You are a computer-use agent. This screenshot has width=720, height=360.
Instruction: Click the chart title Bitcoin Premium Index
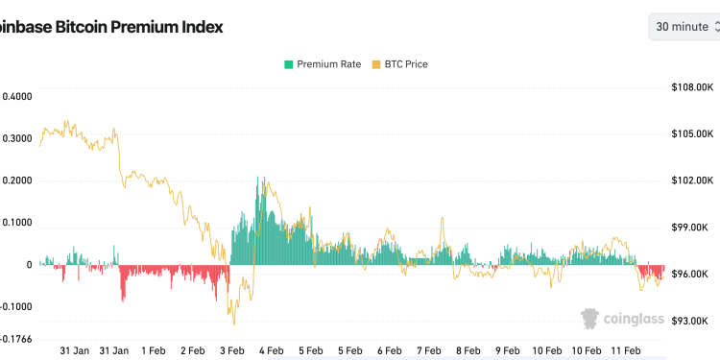coord(111,27)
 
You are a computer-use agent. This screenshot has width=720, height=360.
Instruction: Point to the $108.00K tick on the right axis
coord(690,86)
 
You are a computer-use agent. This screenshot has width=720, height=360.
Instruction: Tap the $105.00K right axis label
coord(690,133)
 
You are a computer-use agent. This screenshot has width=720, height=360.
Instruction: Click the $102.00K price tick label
coord(690,180)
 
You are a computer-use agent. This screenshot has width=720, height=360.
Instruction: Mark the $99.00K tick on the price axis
coord(690,228)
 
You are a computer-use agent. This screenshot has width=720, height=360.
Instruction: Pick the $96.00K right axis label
coord(690,275)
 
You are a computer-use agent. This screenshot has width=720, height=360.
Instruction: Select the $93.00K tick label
coord(690,321)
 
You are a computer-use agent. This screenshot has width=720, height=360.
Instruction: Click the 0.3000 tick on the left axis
coord(16,138)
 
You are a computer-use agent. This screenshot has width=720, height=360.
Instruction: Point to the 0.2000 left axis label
coord(16,180)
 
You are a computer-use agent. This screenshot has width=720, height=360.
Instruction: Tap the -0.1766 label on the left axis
coord(16,339)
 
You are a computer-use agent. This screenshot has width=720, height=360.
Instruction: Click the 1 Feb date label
coord(154,351)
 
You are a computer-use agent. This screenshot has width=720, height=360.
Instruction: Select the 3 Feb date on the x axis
coord(232,351)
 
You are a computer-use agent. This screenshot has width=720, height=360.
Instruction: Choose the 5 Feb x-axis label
coord(311,351)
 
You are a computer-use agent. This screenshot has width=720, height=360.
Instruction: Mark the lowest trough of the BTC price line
coord(233,324)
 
